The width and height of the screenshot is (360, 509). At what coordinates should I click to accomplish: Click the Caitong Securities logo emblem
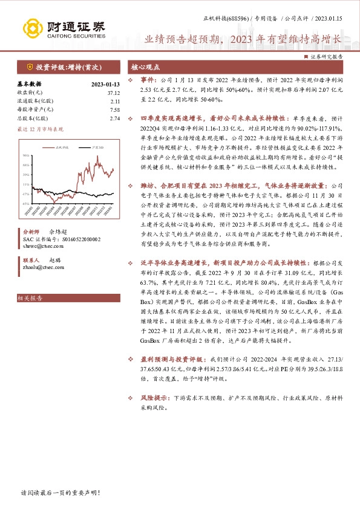click(31, 28)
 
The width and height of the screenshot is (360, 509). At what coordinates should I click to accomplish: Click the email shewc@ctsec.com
click(37, 246)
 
